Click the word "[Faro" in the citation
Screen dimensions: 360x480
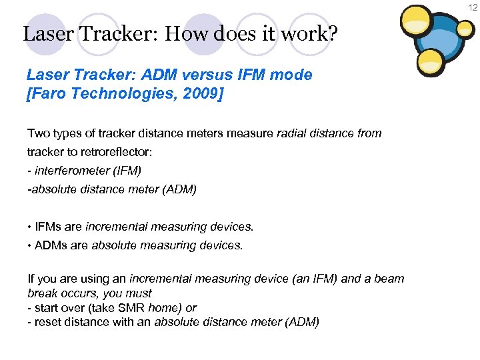click(x=46, y=94)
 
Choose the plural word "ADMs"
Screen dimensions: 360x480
click(x=51, y=245)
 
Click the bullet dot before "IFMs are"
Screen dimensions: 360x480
click(x=29, y=227)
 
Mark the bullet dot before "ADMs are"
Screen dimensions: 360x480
click(x=29, y=245)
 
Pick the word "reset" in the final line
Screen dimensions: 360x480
click(x=47, y=323)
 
